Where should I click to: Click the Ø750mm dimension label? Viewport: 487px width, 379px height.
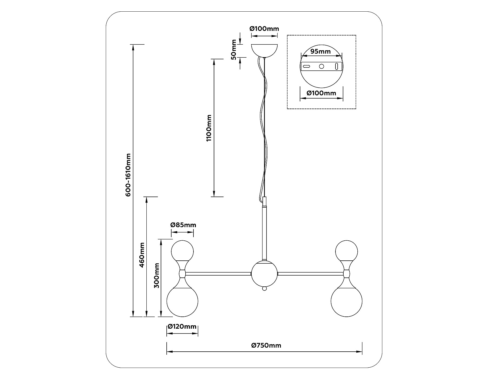click(266, 345)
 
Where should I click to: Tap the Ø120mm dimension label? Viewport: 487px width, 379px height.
click(182, 326)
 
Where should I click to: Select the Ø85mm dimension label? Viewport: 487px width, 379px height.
click(183, 225)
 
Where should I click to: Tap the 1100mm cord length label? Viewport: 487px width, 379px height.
click(209, 128)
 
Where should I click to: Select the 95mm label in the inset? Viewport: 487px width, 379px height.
click(321, 51)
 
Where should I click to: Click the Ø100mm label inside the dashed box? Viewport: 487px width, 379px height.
click(321, 93)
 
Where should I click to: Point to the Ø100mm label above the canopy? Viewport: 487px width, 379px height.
click(264, 29)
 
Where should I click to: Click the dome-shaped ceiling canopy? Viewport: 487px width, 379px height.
click(264, 50)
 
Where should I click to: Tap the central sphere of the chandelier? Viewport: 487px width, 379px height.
click(264, 274)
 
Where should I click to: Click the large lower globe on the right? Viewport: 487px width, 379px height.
click(346, 301)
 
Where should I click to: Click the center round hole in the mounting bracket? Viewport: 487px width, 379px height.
click(321, 66)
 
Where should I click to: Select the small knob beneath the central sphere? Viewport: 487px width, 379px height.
click(264, 289)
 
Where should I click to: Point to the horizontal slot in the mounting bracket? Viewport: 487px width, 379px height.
click(307, 66)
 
